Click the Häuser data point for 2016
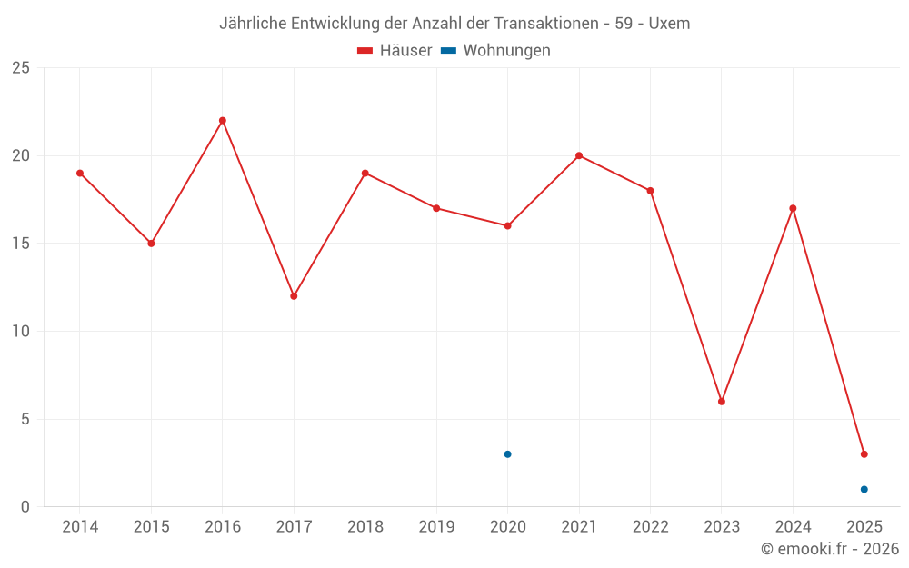[x=223, y=121]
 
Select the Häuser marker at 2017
[x=294, y=296]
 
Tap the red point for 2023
[x=722, y=402]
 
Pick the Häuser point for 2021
[x=579, y=155]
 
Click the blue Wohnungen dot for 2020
[x=507, y=454]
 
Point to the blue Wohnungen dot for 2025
[x=864, y=490]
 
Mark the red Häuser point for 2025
[x=864, y=454]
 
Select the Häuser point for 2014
[x=80, y=174]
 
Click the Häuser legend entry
[x=395, y=51]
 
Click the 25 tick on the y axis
[x=21, y=68]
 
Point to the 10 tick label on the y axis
[x=21, y=332]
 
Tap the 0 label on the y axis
[x=25, y=507]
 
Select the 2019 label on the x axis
[x=436, y=527]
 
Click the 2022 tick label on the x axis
[x=650, y=527]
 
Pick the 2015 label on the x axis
[x=151, y=527]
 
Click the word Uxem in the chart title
[x=669, y=24]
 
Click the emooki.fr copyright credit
[x=830, y=549]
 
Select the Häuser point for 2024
[x=793, y=209]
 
